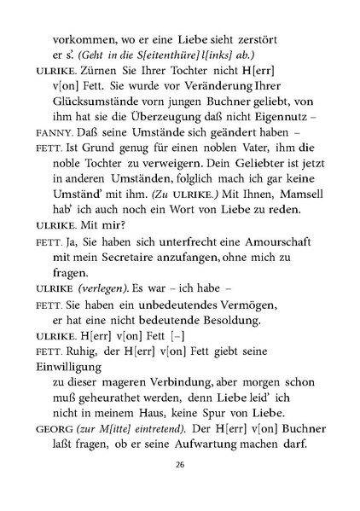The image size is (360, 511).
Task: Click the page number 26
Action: [x=180, y=489]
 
